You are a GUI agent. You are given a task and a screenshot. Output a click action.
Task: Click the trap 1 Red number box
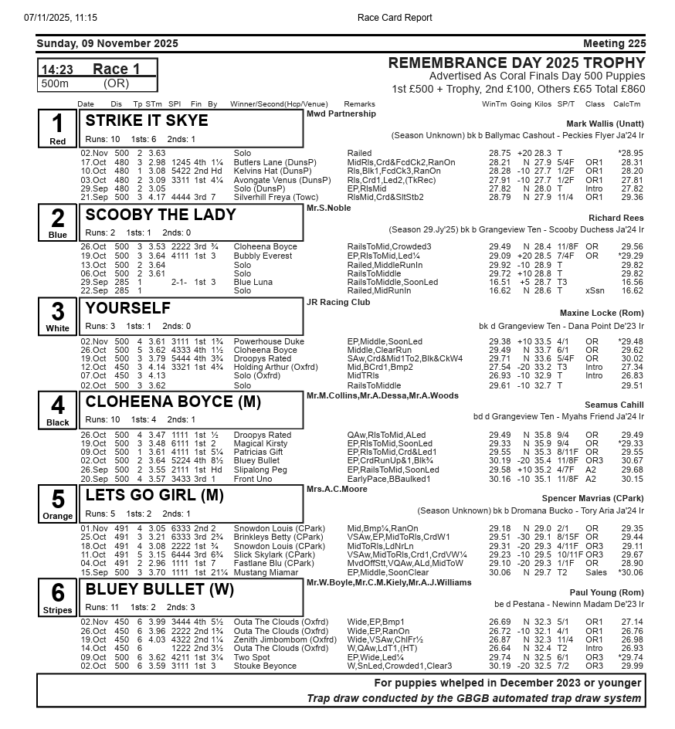(58, 128)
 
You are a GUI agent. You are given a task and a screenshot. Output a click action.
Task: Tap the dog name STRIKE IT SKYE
(147, 121)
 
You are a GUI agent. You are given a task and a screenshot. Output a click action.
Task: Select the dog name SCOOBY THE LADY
(161, 215)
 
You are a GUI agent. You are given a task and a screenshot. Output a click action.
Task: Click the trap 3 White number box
(58, 316)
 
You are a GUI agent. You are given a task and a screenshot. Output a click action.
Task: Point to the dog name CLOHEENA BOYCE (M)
(173, 402)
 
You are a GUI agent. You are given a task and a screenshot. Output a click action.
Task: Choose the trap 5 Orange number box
(58, 504)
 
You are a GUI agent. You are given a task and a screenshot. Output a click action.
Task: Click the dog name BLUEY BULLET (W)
(160, 590)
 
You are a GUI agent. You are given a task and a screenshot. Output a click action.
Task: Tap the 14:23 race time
(57, 70)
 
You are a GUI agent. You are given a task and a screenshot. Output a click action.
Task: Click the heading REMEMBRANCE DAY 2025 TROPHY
(516, 63)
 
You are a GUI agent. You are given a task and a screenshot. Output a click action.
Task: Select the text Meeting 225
(614, 43)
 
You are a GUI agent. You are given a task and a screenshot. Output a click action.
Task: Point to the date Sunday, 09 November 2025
(107, 43)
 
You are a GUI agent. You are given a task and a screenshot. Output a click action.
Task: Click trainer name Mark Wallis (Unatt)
(605, 124)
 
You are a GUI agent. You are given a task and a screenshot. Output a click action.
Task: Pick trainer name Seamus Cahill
(614, 405)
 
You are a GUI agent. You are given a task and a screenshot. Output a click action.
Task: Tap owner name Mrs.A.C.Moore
(337, 489)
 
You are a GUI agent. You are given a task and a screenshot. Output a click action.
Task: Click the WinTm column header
(495, 104)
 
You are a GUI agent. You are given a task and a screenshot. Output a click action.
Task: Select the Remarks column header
(359, 104)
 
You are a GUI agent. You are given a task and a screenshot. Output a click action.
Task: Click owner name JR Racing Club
(338, 302)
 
